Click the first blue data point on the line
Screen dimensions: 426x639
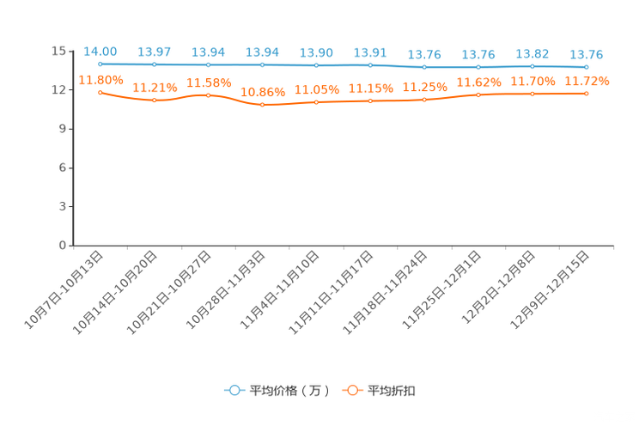[100, 64]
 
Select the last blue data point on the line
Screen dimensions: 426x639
[587, 67]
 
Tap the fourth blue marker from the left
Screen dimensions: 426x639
[262, 65]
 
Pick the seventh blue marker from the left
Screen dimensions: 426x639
[424, 67]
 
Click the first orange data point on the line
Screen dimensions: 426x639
[100, 92]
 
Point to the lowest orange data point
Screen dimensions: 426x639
[262, 105]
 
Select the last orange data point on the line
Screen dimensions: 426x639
[587, 93]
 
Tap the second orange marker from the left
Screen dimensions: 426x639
[155, 100]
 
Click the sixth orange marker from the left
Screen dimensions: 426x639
[370, 100]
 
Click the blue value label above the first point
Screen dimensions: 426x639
[100, 52]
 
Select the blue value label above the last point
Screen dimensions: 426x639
[587, 55]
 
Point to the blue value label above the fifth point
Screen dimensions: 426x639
[316, 52]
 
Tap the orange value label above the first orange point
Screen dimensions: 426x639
[100, 79]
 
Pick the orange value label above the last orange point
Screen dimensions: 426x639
[587, 80]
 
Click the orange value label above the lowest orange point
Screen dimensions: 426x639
[262, 90]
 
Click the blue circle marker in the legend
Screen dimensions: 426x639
[234, 390]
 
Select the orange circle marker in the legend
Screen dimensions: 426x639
[351, 390]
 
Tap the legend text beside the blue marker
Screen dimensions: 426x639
[289, 391]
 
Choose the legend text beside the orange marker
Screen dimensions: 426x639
[393, 391]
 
